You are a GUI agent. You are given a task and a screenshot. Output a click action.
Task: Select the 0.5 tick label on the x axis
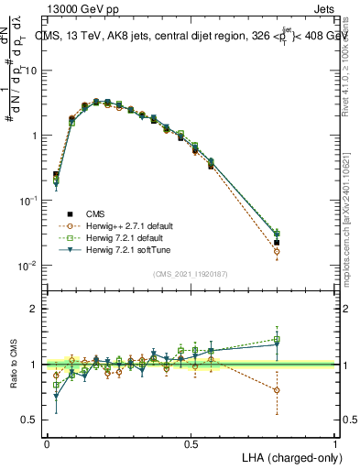(191, 443)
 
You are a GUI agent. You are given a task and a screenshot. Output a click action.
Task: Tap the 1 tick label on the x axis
(335, 443)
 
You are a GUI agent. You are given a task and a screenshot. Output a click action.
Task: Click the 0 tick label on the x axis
(47, 443)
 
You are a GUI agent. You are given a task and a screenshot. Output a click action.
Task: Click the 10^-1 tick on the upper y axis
(27, 201)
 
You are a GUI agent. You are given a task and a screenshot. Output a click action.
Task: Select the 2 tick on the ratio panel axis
(34, 309)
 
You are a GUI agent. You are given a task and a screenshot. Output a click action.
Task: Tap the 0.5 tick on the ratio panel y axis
(29, 420)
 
